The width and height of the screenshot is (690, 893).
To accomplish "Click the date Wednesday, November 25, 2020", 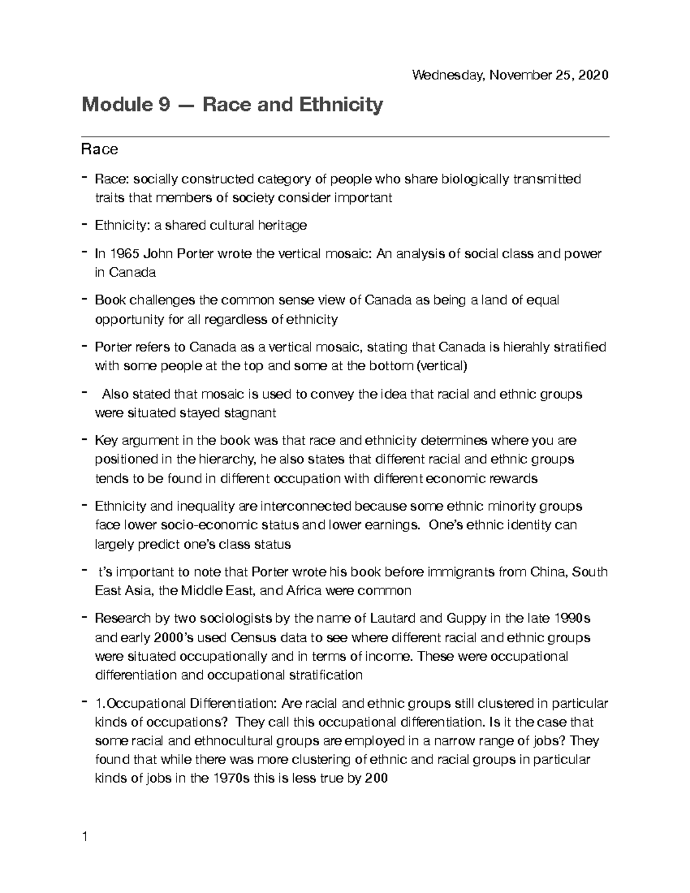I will tap(510, 75).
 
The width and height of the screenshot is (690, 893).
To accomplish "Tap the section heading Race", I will tap(99, 150).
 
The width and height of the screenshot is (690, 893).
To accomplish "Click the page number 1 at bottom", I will tap(85, 837).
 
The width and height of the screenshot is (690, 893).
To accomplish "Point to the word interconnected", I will tap(305, 506).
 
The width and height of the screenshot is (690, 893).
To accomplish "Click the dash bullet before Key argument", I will tap(85, 439).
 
